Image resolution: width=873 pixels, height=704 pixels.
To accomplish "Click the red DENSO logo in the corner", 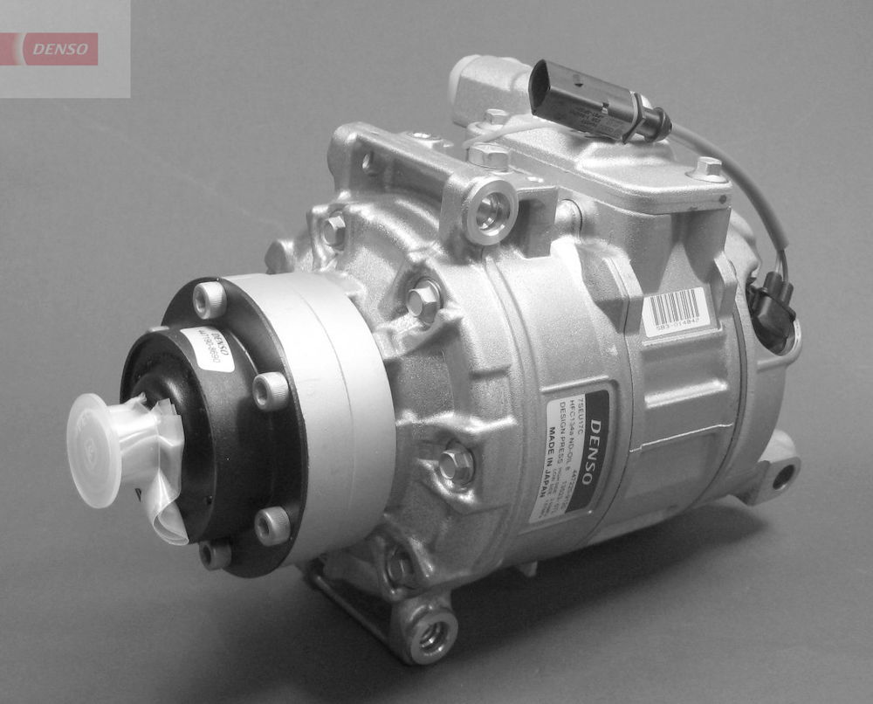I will (x=60, y=49).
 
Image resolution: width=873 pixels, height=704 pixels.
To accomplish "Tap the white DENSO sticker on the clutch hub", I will (x=208, y=350).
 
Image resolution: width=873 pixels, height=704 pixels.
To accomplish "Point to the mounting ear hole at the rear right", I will (x=783, y=476).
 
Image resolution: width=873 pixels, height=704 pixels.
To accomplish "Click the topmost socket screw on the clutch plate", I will (x=210, y=300).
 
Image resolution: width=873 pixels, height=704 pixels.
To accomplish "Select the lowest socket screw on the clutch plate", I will (x=214, y=554).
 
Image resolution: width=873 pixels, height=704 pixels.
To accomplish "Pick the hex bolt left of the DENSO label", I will (x=457, y=463).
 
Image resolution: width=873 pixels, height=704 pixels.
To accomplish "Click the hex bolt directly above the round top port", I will (x=489, y=156).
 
